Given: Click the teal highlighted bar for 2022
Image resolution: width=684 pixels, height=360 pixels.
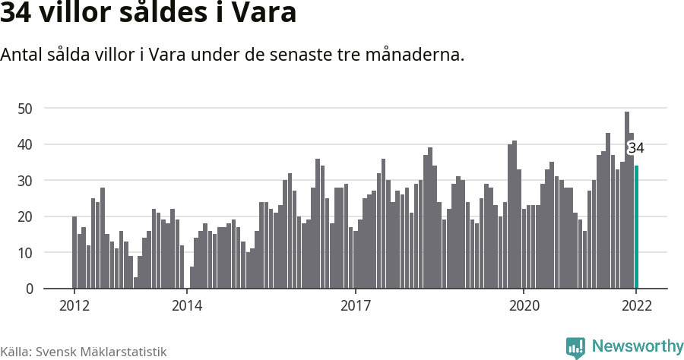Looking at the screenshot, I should tap(637, 227).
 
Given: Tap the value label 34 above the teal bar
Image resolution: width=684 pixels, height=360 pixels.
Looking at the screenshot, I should tap(636, 148).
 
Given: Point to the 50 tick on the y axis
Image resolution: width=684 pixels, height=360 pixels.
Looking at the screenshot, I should tap(25, 109).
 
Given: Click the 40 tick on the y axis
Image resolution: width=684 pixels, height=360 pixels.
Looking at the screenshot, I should tap(25, 144).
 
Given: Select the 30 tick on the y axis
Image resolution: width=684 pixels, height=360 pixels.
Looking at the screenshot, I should tap(25, 181).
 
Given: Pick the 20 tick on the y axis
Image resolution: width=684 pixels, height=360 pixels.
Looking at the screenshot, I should tap(25, 216).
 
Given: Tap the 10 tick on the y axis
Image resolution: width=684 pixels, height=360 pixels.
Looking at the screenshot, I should tap(25, 253).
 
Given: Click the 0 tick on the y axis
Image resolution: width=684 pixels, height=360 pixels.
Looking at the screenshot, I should tap(29, 289).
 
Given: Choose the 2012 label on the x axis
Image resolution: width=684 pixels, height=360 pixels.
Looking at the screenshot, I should tap(74, 306).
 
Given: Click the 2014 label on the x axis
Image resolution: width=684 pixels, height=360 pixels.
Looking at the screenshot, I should tap(187, 306).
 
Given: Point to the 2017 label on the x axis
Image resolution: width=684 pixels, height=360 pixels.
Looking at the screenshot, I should tap(355, 306).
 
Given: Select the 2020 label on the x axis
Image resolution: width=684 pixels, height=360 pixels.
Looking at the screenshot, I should tap(524, 306).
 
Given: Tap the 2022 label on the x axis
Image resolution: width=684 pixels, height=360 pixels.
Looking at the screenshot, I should tap(636, 306).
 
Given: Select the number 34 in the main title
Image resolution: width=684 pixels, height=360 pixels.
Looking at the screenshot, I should tap(17, 13).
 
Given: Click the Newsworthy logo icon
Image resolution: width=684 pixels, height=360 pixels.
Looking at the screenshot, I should tap(575, 347).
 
